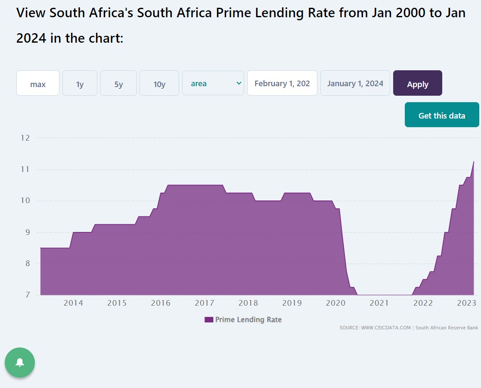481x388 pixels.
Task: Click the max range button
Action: pos(38,83)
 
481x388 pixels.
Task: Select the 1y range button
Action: pos(80,83)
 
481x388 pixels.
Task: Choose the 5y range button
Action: pos(118,83)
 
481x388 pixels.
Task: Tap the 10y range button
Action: pos(159,83)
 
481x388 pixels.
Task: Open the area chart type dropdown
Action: pos(213,83)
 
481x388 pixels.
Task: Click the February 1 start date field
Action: pos(282,83)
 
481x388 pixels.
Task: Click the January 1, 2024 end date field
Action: pos(355,83)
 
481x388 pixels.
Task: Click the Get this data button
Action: pos(442,115)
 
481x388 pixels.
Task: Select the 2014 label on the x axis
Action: pos(73,303)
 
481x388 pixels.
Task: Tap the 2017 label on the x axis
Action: pos(205,303)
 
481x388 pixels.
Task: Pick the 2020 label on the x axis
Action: pos(335,303)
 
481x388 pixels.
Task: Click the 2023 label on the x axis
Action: pos(466,303)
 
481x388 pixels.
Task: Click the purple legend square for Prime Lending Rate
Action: pos(209,320)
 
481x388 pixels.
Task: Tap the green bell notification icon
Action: pos(20,363)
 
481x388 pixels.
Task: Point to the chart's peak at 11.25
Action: pos(474,162)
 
